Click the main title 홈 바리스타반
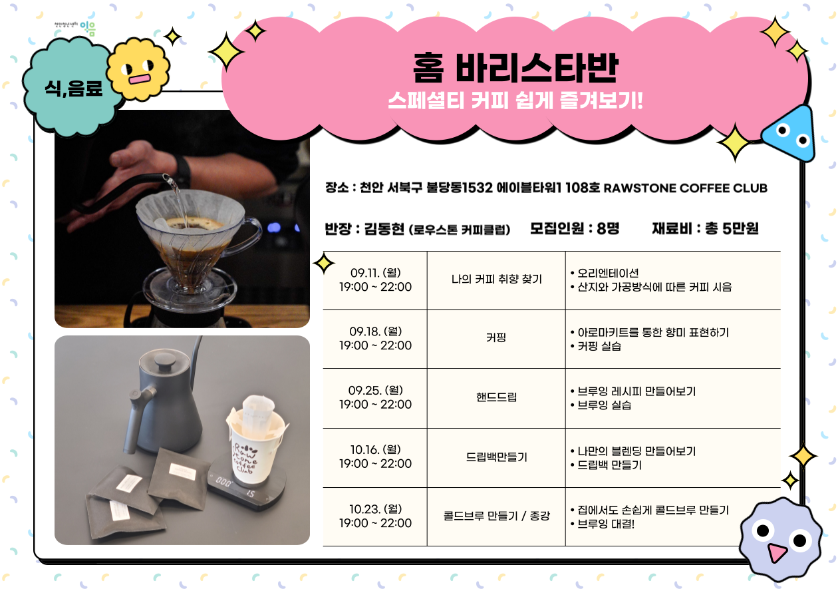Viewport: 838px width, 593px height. click(x=515, y=68)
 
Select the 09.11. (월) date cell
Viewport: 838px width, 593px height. click(x=375, y=280)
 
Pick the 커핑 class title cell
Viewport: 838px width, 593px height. click(x=496, y=339)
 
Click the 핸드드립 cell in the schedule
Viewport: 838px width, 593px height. click(x=496, y=397)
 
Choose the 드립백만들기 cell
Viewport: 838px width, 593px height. click(x=496, y=457)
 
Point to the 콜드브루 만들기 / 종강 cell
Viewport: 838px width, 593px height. click(x=496, y=516)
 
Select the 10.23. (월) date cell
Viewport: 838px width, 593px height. click(x=375, y=516)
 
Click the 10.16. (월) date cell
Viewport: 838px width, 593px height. click(x=375, y=457)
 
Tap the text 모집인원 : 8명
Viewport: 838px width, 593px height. click(x=575, y=228)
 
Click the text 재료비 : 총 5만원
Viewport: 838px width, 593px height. click(x=705, y=228)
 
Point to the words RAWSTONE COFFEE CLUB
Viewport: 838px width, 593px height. click(x=685, y=188)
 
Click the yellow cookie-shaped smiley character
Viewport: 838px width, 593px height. click(x=138, y=69)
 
